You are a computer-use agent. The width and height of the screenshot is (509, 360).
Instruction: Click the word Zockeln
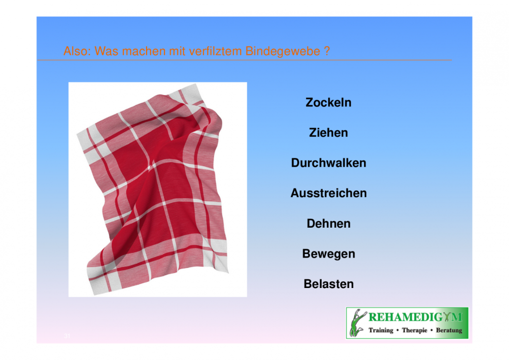tap(328, 103)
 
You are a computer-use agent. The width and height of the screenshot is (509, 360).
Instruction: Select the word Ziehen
tap(328, 133)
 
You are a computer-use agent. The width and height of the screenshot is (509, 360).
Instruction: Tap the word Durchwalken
tap(328, 163)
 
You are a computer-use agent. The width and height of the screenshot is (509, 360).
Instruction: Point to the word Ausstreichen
tap(328, 193)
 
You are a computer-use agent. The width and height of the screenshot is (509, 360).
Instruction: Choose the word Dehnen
tap(328, 224)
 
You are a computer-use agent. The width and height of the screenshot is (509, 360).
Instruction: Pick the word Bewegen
tap(328, 254)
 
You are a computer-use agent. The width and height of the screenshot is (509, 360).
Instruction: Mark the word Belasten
tap(328, 284)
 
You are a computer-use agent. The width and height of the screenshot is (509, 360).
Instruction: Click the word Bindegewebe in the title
tap(282, 51)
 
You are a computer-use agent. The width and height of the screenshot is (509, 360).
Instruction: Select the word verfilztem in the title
tap(216, 51)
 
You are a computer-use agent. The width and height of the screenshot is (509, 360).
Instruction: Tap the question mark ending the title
tap(327, 51)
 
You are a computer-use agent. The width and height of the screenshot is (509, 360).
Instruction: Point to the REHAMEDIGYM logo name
tap(415, 317)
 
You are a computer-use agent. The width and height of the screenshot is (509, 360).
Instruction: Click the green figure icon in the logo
tap(357, 323)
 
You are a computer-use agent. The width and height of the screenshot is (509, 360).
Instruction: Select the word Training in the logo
tap(381, 330)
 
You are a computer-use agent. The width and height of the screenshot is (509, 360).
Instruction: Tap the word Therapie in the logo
tap(415, 330)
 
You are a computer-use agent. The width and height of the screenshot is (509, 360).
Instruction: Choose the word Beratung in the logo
tap(449, 330)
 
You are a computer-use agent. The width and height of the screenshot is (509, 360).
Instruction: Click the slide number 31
tap(67, 336)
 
